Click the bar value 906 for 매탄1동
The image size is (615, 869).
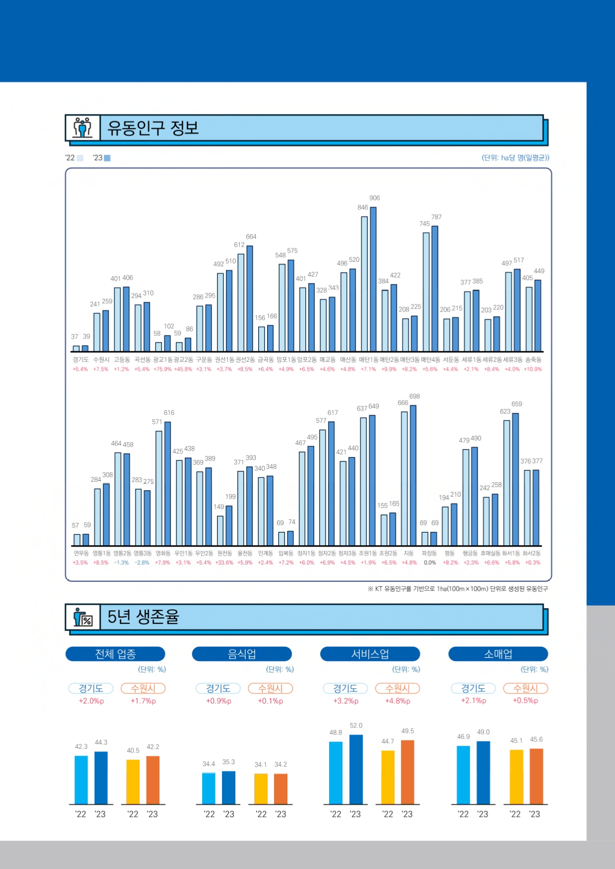tap(375, 198)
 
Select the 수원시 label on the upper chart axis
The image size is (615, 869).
tap(101, 360)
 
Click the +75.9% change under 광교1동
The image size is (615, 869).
tap(162, 369)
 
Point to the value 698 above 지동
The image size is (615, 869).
tap(415, 397)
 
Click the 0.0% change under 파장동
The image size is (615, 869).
tap(430, 563)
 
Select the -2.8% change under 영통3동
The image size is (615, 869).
tap(142, 563)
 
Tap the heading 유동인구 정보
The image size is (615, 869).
tap(153, 128)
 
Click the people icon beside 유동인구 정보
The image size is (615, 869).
tap(83, 128)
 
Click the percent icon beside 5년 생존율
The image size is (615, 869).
tap(83, 617)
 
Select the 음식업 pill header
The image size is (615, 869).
tap(242, 654)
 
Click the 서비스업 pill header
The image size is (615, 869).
tap(370, 654)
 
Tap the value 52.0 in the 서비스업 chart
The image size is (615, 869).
tap(356, 726)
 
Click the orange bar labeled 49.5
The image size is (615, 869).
tap(407, 772)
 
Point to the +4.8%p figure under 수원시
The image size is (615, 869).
tap(397, 701)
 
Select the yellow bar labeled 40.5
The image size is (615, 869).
tap(133, 782)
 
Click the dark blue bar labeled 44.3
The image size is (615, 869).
tap(101, 778)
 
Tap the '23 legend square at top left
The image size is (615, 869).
tap(107, 158)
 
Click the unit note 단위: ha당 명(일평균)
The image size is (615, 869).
tap(515, 158)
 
